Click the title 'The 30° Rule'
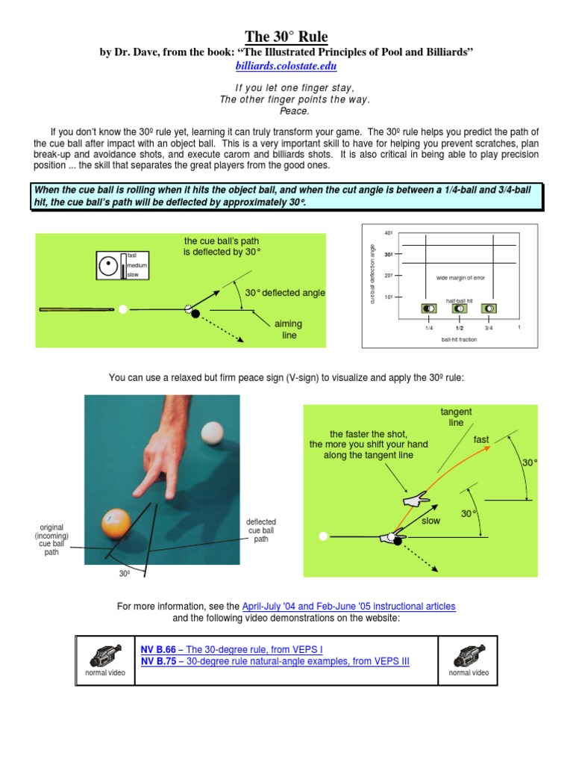click(286, 37)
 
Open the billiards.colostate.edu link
click(286, 66)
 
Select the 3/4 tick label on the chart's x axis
click(489, 327)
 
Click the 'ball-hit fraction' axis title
click(458, 339)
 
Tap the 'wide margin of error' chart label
click(460, 278)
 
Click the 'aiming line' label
click(289, 329)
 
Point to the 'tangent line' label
click(456, 417)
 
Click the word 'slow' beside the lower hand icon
click(431, 521)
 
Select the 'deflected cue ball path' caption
click(261, 530)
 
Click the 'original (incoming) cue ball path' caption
click(51, 539)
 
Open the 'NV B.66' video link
click(156, 649)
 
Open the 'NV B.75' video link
click(156, 661)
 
